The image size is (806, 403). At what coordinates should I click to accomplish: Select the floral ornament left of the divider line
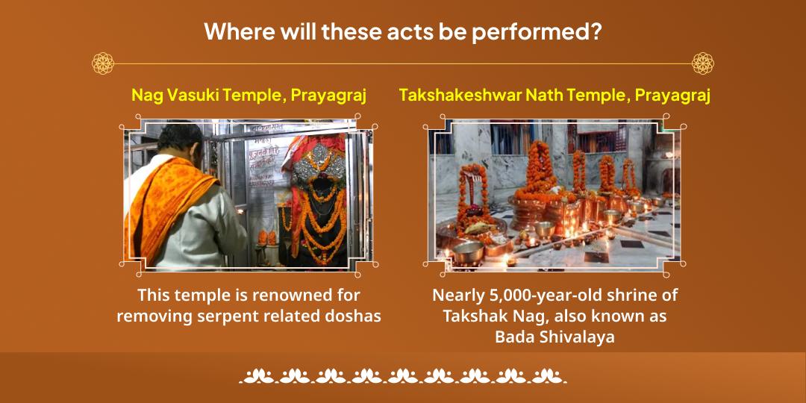[102, 63]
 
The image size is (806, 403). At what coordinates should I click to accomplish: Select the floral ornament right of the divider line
[702, 63]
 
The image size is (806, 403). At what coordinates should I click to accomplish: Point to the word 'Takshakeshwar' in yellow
[468, 96]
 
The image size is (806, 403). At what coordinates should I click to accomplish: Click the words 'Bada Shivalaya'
[554, 337]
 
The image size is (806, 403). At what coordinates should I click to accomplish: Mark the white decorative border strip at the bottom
[403, 375]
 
